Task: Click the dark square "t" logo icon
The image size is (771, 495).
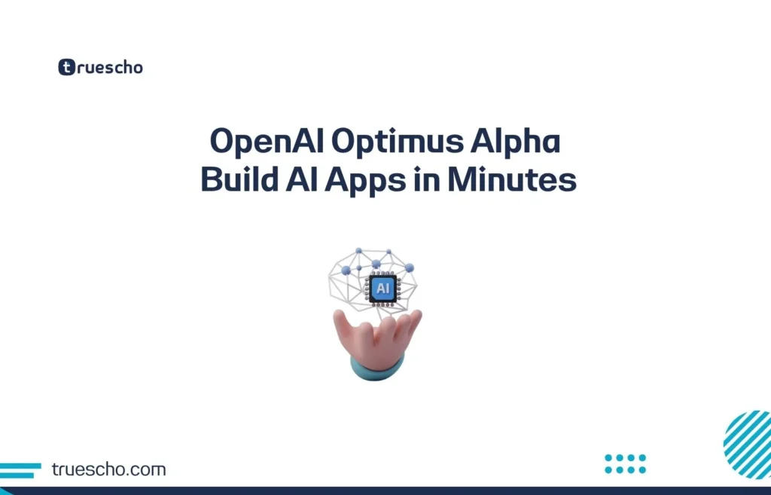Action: click(67, 67)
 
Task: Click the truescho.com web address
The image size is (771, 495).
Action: click(108, 469)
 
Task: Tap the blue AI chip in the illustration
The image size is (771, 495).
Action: click(382, 288)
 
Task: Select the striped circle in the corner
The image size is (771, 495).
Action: click(749, 445)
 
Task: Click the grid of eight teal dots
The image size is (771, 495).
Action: click(625, 463)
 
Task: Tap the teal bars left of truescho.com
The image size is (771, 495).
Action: click(20, 470)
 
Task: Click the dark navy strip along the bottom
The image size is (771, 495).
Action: click(385, 490)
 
